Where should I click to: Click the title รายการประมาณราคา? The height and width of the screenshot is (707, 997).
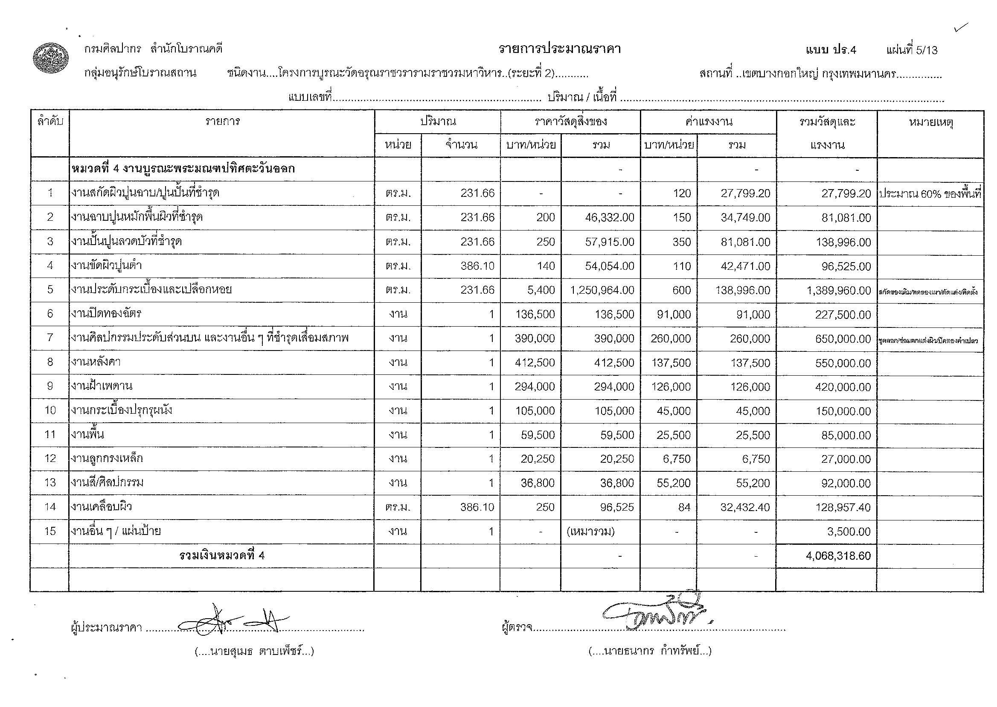pos(559,49)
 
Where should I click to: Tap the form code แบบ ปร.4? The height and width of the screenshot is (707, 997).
pos(830,50)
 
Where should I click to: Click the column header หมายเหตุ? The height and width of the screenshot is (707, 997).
pos(930,123)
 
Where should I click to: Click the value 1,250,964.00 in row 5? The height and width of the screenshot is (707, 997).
pos(602,290)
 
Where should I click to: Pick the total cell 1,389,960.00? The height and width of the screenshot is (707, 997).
pos(839,290)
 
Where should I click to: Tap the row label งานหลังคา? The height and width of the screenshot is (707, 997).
pos(96,362)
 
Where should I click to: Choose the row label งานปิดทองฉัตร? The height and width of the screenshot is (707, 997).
pos(107,314)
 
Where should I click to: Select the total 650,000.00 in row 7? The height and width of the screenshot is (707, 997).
pos(843,339)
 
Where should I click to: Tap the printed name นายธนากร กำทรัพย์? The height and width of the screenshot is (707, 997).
pos(650,651)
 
